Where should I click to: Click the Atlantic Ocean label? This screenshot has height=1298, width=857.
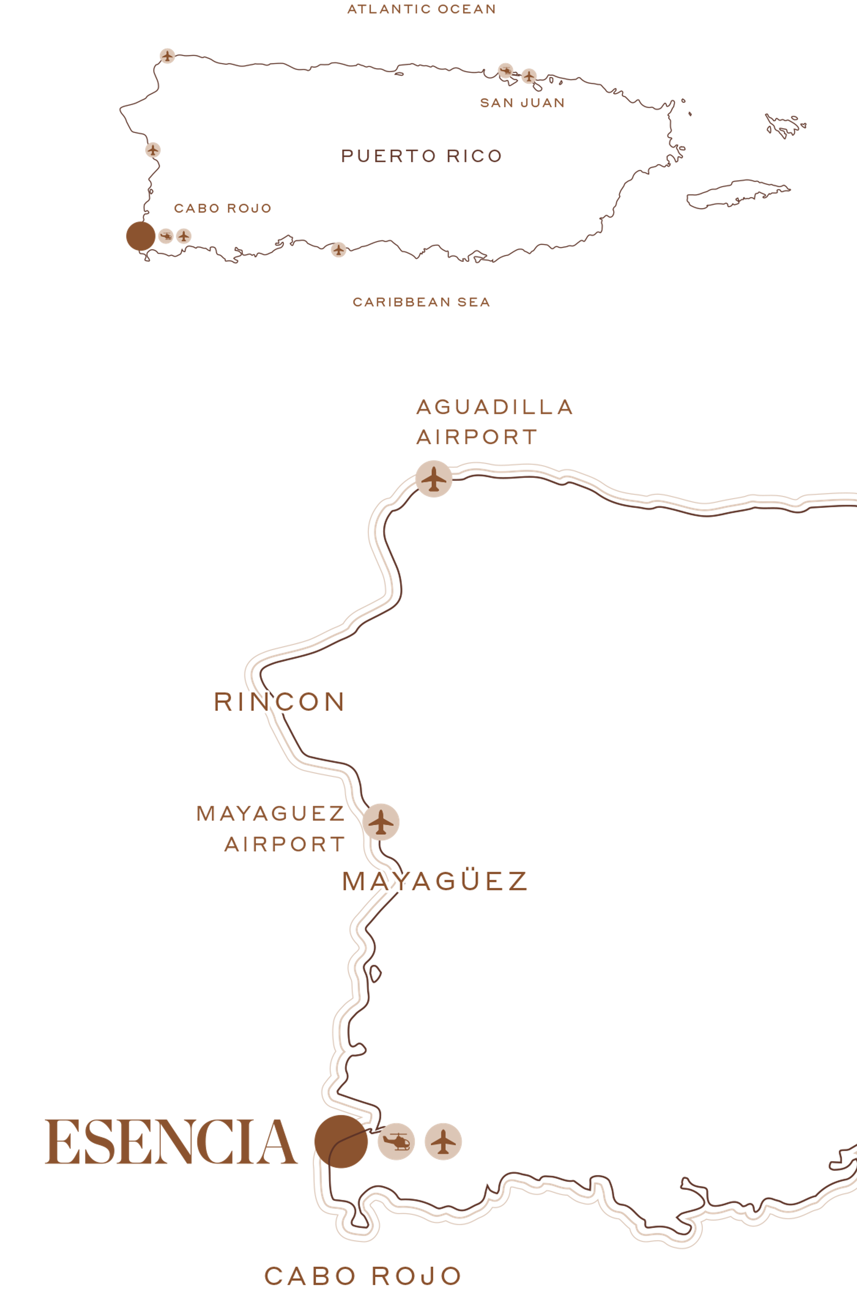(421, 9)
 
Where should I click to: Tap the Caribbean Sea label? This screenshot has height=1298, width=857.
(421, 302)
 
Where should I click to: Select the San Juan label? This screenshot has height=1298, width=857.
(522, 103)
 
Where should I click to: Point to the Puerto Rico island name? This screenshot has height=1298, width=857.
(421, 156)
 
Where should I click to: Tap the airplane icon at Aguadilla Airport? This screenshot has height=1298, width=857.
(434, 479)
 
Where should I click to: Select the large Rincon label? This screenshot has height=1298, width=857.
(279, 702)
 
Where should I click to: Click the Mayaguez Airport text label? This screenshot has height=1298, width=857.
(271, 829)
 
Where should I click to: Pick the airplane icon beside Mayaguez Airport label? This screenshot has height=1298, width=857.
(381, 821)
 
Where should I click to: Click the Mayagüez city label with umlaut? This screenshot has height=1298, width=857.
(434, 882)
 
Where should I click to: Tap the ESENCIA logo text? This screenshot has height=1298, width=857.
(171, 1142)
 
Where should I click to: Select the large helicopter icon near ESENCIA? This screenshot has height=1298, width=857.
(396, 1141)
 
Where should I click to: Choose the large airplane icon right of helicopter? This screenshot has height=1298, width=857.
(443, 1141)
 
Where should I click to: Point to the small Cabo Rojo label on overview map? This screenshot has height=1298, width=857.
(223, 208)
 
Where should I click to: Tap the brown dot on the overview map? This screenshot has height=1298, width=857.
(141, 236)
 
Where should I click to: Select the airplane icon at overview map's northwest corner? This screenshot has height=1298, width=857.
(167, 55)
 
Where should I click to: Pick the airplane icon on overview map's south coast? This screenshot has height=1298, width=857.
(338, 250)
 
